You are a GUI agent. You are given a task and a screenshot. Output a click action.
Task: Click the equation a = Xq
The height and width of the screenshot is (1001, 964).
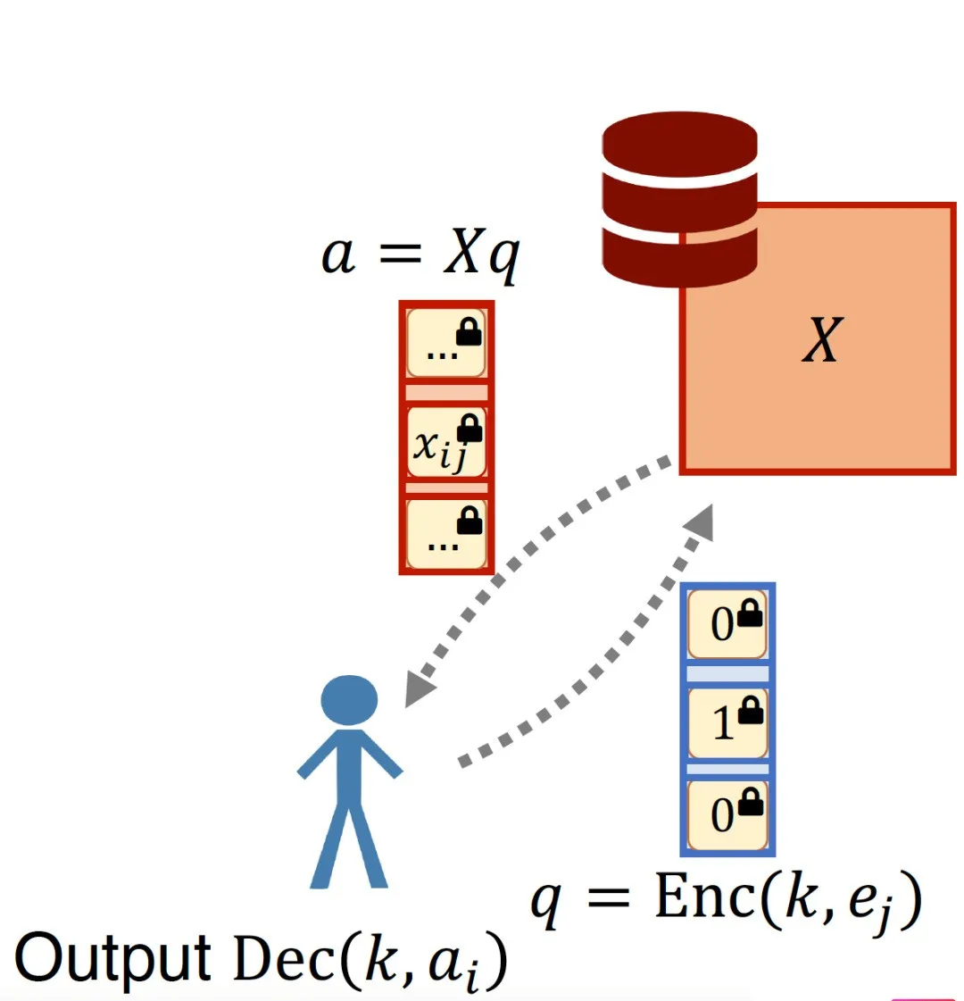420,254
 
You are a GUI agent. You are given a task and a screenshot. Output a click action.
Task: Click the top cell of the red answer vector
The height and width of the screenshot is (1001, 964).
445,344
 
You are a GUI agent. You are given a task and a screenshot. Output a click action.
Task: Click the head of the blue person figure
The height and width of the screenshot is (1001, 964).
349,701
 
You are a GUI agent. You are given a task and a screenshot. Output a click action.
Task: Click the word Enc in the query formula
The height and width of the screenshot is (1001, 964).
706,897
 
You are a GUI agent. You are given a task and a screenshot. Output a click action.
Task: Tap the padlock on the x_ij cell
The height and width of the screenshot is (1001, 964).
470,430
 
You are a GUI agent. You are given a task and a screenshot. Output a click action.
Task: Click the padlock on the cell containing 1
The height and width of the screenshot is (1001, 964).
752,711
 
